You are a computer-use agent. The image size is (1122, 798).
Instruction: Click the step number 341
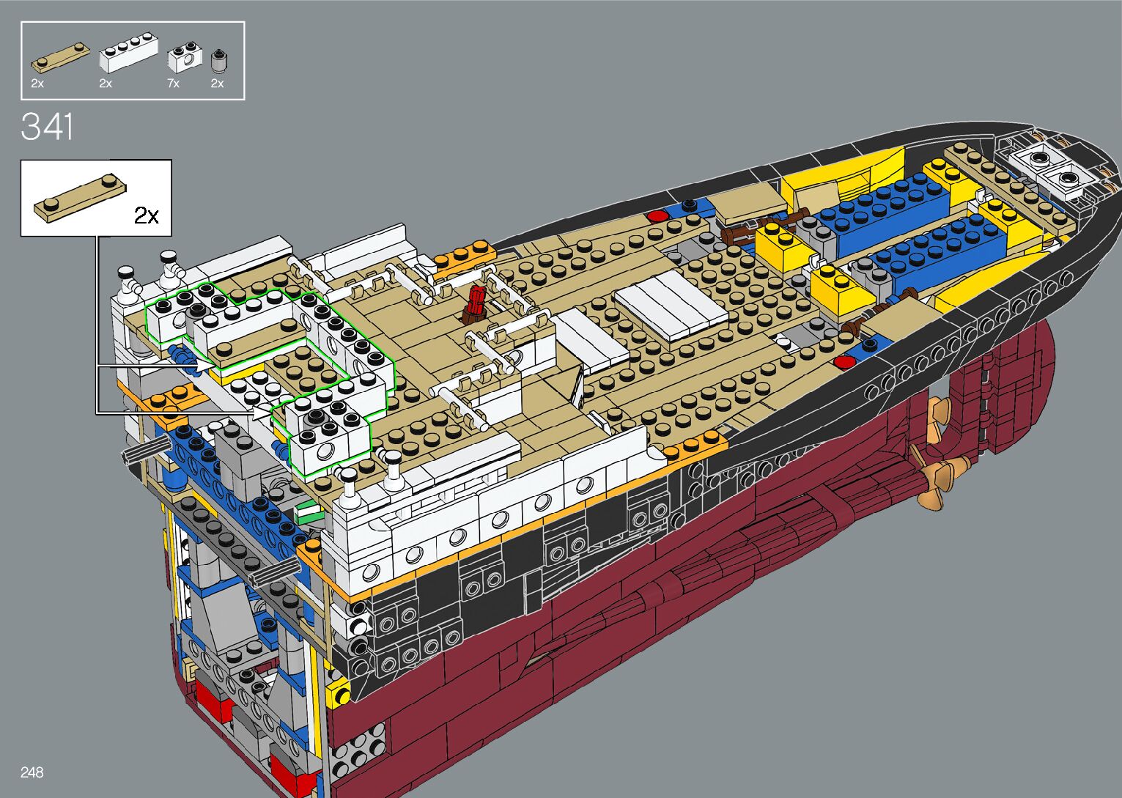(x=47, y=127)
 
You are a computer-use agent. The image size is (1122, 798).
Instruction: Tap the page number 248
(x=32, y=772)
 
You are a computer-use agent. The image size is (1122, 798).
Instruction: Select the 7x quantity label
(x=173, y=83)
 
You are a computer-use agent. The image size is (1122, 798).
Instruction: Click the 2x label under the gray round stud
(x=217, y=83)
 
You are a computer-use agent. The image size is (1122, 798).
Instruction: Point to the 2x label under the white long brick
(x=106, y=83)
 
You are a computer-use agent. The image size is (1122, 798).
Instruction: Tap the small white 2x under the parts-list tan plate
(x=37, y=83)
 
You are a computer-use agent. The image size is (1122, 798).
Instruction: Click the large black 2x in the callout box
(x=147, y=216)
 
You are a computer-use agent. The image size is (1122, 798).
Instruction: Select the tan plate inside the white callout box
(x=80, y=198)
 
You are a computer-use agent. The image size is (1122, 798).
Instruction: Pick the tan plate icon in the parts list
(x=61, y=58)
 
